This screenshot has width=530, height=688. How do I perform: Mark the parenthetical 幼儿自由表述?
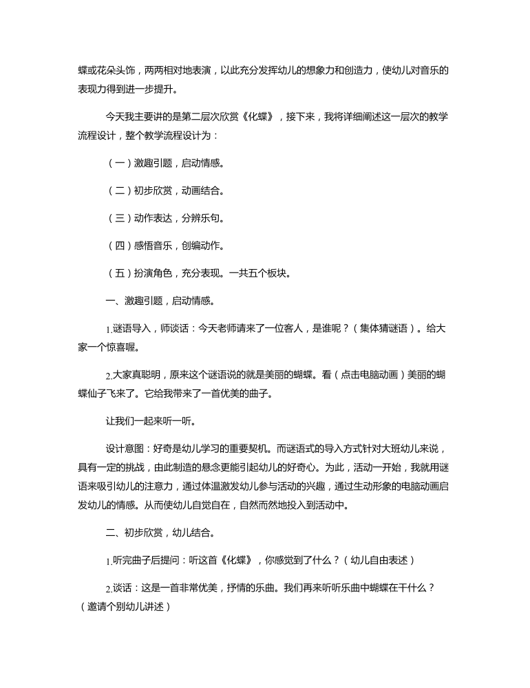[379, 560]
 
